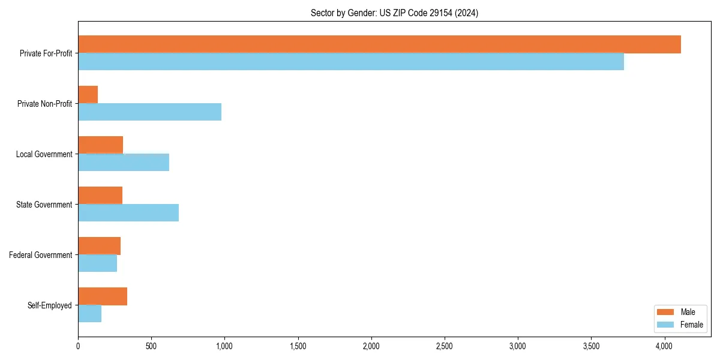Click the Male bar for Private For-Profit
[x=379, y=44]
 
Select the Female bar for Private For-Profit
[x=351, y=61]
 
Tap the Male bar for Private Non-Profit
[x=88, y=95]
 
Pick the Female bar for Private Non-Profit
[x=150, y=112]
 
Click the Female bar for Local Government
[x=124, y=162]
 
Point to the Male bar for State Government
[x=100, y=196]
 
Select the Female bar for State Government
[x=128, y=212]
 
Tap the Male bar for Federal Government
[x=100, y=246]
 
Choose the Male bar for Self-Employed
[x=103, y=296]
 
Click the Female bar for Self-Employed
[x=90, y=313]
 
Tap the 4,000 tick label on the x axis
[x=664, y=346]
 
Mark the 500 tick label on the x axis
[x=151, y=346]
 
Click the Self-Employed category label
[x=50, y=305]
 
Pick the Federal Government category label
[x=41, y=255]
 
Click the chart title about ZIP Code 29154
[x=394, y=13]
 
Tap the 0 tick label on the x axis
[x=78, y=346]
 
